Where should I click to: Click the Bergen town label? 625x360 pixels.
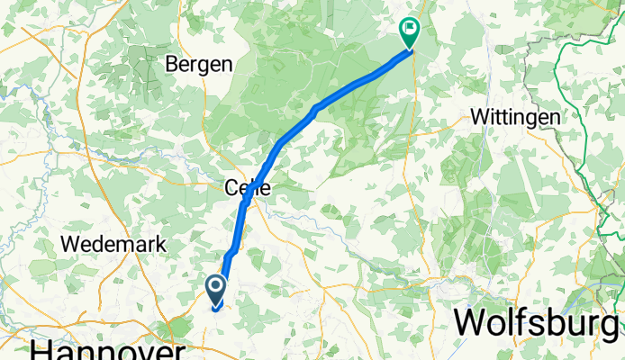[x=200, y=65]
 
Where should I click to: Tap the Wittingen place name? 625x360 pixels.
[x=516, y=118]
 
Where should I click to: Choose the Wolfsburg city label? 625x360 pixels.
[x=538, y=321]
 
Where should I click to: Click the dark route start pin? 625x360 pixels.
[x=217, y=289]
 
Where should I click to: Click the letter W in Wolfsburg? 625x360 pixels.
[x=470, y=321]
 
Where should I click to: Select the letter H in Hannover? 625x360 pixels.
[x=40, y=348]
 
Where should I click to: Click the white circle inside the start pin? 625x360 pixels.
[x=217, y=286]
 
